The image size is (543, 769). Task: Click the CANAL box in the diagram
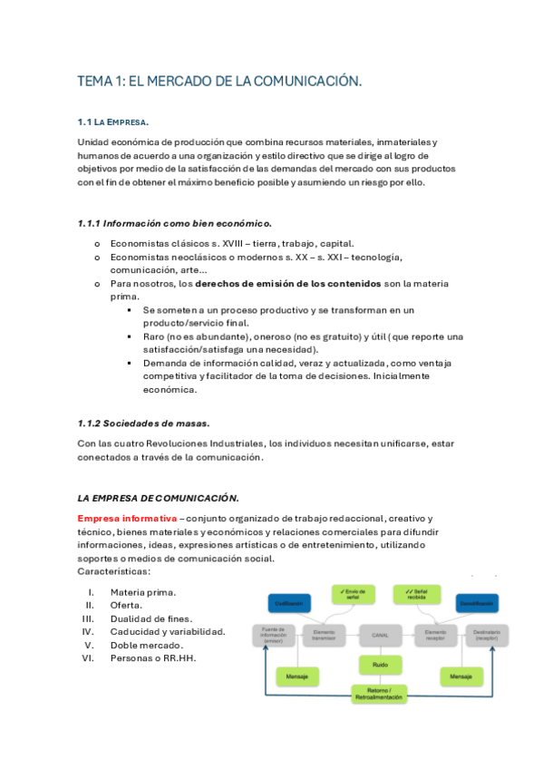click(x=380, y=635)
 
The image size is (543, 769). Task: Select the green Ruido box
click(x=380, y=667)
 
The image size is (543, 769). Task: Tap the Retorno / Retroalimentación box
click(x=380, y=695)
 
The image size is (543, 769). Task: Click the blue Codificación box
click(x=290, y=603)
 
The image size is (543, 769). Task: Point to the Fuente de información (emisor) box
click(x=275, y=635)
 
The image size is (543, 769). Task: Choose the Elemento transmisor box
click(x=324, y=635)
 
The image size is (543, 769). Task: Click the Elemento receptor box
click(x=435, y=635)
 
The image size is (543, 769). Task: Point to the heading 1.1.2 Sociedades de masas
click(x=143, y=423)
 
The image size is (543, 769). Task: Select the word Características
click(x=113, y=571)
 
